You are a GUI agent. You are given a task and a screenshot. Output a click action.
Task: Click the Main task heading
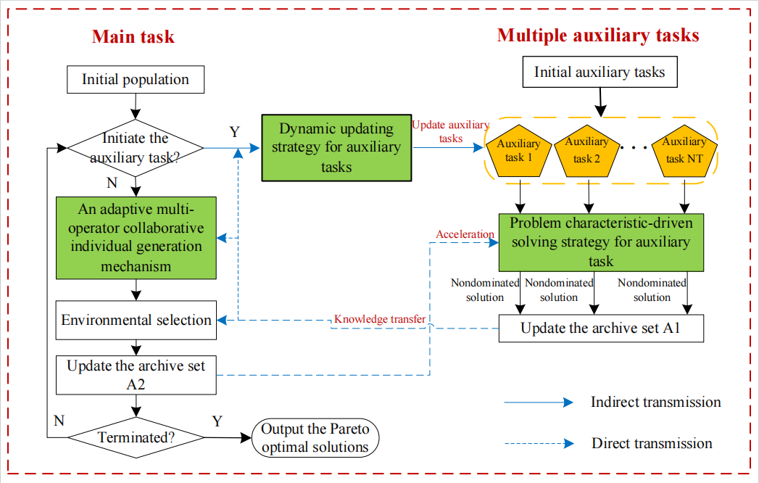click(x=133, y=36)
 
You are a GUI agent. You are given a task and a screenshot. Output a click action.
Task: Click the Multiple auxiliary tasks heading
click(x=598, y=35)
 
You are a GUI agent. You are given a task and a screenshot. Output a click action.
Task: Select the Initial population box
click(x=136, y=80)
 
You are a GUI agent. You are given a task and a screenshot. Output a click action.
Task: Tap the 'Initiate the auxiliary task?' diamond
click(x=136, y=147)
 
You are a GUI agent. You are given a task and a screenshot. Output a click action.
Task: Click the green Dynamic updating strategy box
click(x=336, y=148)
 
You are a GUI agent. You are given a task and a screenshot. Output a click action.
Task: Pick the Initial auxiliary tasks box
click(x=600, y=72)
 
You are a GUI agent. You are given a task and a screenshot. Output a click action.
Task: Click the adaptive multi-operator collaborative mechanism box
click(x=136, y=237)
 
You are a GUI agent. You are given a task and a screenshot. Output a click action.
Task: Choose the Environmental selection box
click(x=136, y=321)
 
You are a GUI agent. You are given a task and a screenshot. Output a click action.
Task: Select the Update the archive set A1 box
click(x=602, y=329)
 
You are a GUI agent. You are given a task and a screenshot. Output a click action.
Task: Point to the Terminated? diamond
click(x=136, y=437)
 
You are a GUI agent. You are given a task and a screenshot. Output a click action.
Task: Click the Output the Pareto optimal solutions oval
click(x=315, y=438)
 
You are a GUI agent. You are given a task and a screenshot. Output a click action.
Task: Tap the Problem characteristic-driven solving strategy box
click(x=601, y=241)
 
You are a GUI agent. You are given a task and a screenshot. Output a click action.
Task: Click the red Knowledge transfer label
click(x=379, y=319)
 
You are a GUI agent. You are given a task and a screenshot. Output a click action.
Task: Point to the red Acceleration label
click(x=465, y=234)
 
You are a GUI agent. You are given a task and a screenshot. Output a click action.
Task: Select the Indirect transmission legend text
click(x=655, y=402)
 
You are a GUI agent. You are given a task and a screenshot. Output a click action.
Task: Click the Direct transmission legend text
click(x=652, y=443)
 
